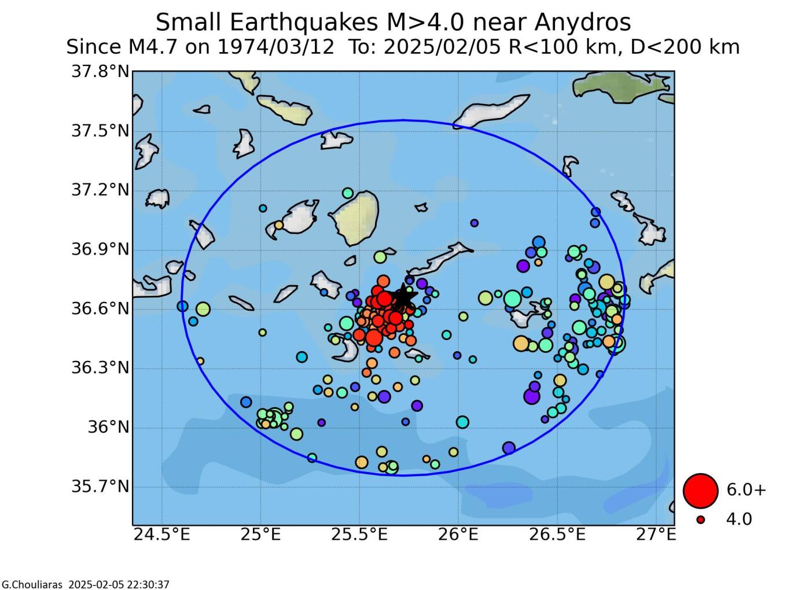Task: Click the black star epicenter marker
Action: [403, 298]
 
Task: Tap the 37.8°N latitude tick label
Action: [100, 72]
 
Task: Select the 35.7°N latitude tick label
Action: [100, 486]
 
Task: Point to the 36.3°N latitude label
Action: [100, 368]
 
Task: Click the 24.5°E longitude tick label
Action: [161, 534]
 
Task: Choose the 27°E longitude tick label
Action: [656, 534]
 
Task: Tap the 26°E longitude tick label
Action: [458, 534]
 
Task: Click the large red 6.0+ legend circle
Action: [700, 490]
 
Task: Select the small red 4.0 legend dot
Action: [701, 520]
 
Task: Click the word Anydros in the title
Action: [582, 23]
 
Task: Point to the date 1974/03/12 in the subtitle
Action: [275, 47]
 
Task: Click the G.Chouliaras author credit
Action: [32, 585]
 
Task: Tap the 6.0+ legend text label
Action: [746, 490]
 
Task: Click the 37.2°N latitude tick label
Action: [100, 190]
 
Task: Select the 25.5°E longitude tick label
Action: [359, 534]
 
